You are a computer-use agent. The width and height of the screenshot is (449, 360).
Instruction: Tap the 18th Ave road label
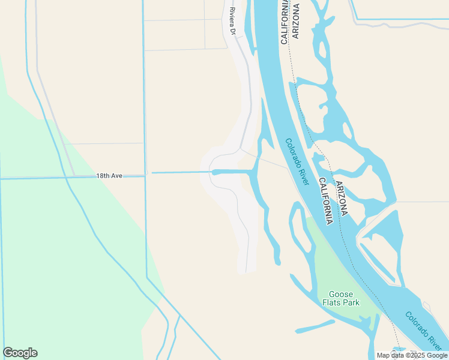coord(109,176)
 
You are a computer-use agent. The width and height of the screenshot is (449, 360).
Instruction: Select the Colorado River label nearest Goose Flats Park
coord(424,331)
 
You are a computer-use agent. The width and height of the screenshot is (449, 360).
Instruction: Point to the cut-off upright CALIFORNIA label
coord(285,22)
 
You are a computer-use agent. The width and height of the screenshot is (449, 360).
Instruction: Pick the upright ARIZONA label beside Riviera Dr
coord(295,21)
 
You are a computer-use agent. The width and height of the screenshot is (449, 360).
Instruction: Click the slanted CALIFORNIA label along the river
coord(325,201)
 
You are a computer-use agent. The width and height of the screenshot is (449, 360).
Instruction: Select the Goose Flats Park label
coord(343,298)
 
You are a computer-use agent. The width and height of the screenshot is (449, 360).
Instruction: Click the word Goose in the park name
coord(341,294)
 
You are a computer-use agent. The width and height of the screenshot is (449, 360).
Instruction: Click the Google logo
coord(20,353)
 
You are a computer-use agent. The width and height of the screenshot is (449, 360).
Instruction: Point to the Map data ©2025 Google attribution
coord(412,355)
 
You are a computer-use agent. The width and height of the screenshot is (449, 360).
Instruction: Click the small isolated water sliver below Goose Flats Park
coord(315,326)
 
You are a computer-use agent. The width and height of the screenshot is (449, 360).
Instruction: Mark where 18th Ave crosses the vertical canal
coord(146,175)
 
